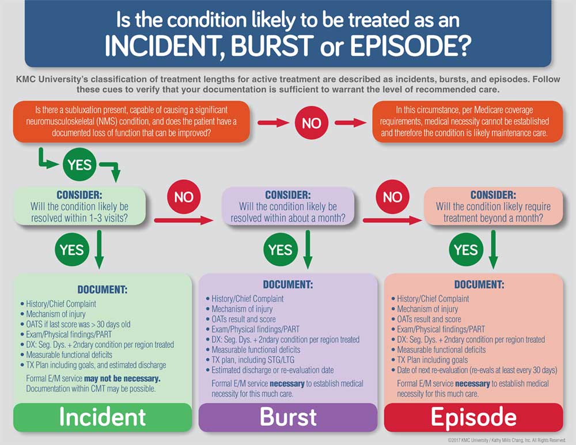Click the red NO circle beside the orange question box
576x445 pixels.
[312, 122]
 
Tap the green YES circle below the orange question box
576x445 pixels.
[79, 165]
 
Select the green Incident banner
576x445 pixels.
[103, 417]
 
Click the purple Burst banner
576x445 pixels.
[288, 417]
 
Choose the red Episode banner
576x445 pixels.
[473, 417]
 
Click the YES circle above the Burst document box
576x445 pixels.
[281, 249]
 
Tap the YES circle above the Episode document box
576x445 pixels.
[465, 249]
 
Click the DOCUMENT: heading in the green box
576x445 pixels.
[103, 289]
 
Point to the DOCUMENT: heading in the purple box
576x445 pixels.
[288, 284]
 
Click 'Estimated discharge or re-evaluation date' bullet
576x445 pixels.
[272, 370]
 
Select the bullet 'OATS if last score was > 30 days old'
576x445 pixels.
[78, 324]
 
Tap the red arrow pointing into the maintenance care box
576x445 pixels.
[351, 122]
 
